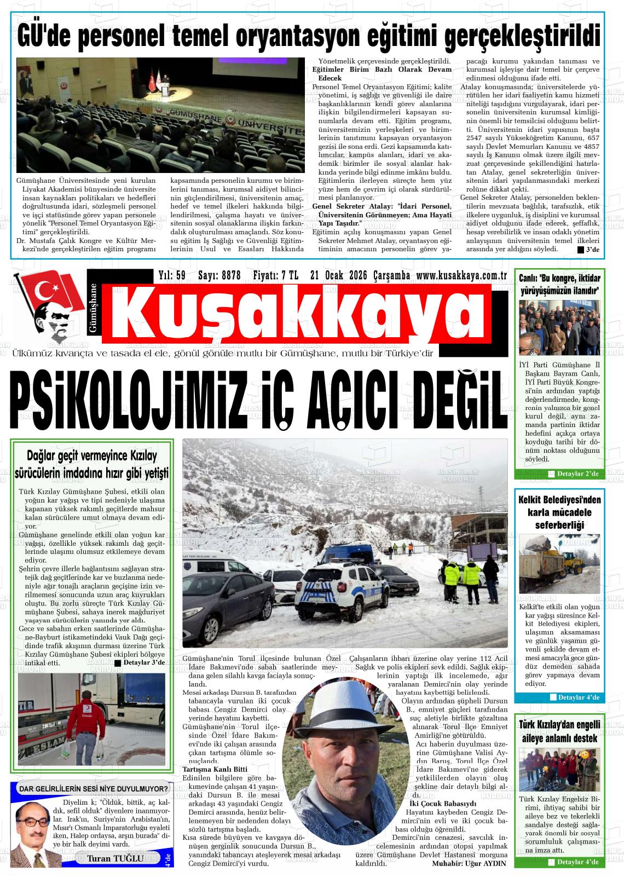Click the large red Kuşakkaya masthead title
pyautogui.click(x=296, y=317)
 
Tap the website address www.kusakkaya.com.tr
pyautogui.click(x=461, y=276)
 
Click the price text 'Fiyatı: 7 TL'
pyautogui.click(x=275, y=276)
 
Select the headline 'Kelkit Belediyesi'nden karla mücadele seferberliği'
pyautogui.click(x=559, y=512)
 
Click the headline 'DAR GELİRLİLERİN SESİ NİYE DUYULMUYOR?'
pyautogui.click(x=93, y=789)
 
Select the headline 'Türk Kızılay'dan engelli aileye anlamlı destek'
pyautogui.click(x=559, y=731)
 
